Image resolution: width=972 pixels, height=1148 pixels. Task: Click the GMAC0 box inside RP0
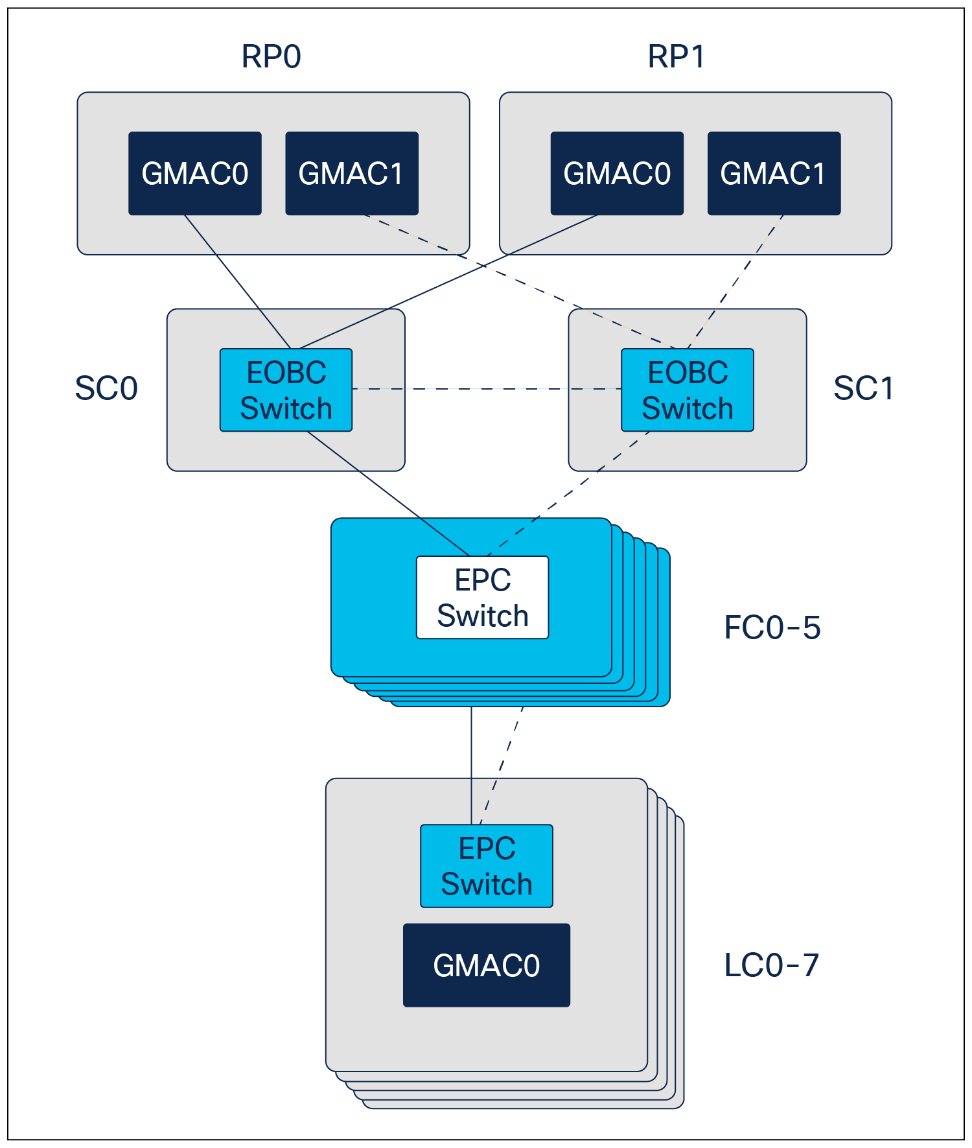(195, 173)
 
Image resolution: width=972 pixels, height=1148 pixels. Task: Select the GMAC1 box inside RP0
(352, 173)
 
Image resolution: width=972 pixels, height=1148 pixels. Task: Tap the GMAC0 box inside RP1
(617, 173)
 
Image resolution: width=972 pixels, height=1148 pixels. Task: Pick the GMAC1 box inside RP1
(774, 173)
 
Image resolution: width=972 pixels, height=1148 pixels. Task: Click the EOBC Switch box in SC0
(286, 390)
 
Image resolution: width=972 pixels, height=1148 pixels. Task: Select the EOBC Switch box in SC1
(688, 390)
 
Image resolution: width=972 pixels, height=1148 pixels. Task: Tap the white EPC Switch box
(483, 597)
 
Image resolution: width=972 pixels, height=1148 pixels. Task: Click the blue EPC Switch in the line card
(487, 865)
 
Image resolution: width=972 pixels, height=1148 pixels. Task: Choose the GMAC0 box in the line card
(487, 965)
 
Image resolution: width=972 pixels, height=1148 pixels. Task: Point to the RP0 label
(271, 56)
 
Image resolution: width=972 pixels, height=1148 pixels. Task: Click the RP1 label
(676, 56)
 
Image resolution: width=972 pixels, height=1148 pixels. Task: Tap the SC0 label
(106, 388)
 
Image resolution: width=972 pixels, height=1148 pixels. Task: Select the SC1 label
(863, 388)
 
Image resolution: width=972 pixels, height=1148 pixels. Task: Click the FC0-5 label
(772, 627)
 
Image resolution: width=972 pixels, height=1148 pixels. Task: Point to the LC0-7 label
(772, 965)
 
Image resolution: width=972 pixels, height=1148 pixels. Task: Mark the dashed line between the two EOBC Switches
(487, 389)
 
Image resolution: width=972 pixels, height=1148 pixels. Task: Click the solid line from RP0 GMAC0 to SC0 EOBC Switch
(238, 282)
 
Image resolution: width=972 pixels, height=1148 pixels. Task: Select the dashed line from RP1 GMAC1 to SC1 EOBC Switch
(735, 282)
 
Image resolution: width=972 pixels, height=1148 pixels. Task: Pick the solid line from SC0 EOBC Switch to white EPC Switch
(388, 493)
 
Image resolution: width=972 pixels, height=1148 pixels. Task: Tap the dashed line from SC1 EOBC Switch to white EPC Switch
(568, 493)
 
